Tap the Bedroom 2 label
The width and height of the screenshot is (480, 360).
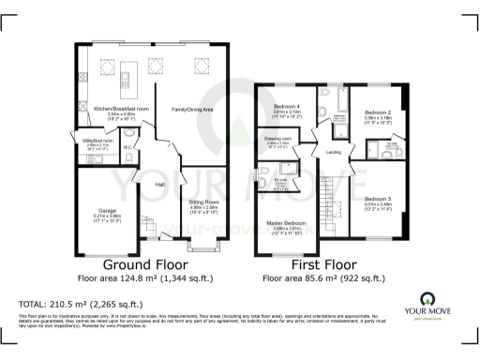point(378,112)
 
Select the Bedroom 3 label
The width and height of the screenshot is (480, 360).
point(378,199)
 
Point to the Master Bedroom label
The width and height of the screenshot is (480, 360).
point(285,221)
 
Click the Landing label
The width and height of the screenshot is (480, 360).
point(333,153)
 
